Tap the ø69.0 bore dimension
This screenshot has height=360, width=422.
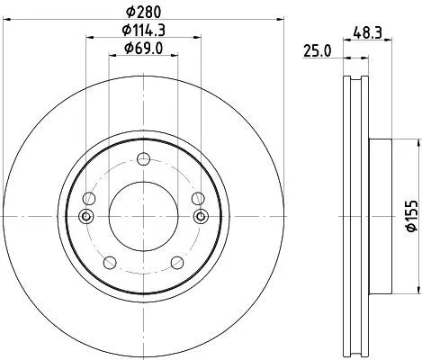pos(142,47)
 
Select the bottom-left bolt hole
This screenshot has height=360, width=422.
pos(110,262)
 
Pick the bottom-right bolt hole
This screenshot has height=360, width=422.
pos(177,262)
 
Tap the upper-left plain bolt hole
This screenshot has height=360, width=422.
pos(87,199)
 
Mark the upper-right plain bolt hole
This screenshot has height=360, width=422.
pos(199,199)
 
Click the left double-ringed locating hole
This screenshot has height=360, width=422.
pos(86,216)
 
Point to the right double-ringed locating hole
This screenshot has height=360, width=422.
pos(200,216)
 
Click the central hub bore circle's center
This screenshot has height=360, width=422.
pos(143,216)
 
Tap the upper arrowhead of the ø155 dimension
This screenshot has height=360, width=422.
pos(417,144)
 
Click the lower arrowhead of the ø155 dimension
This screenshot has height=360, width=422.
pos(417,290)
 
